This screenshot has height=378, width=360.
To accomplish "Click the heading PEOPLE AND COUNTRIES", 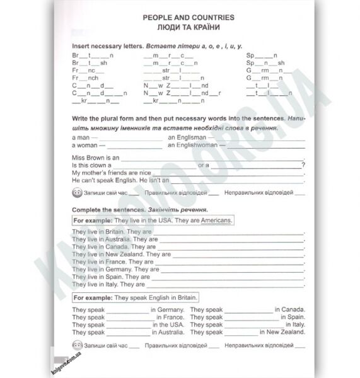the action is pyautogui.click(x=188, y=18).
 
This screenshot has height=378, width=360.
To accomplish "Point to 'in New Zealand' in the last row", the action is pyautogui.click(x=284, y=332).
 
